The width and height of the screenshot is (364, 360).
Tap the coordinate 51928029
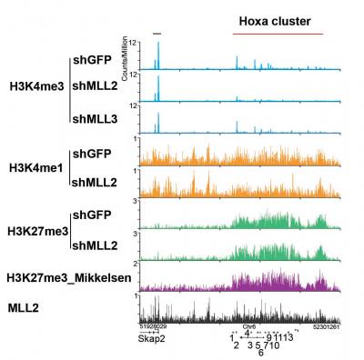click(154, 324)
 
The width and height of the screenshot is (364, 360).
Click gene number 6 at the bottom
click(260, 353)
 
